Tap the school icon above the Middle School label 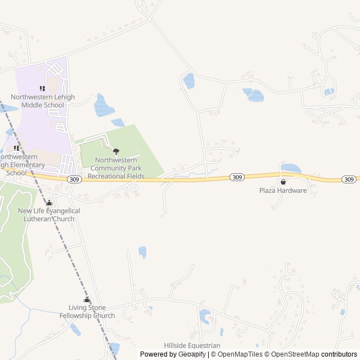(x=42, y=88)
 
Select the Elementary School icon (x=17, y=148)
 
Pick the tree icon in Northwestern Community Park (x=116, y=151)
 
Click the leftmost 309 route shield (x=75, y=179)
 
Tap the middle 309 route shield (x=237, y=177)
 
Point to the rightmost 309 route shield (x=349, y=179)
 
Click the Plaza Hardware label (x=283, y=190)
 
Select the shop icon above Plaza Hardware (x=283, y=182)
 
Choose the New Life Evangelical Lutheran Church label (x=49, y=214)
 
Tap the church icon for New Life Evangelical (x=49, y=202)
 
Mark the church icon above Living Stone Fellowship (x=87, y=300)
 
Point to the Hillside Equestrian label (x=192, y=345)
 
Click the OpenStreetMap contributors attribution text (x=313, y=354)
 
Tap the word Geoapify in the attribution (x=192, y=354)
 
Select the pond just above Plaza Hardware (x=291, y=168)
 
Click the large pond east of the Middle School (x=103, y=106)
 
